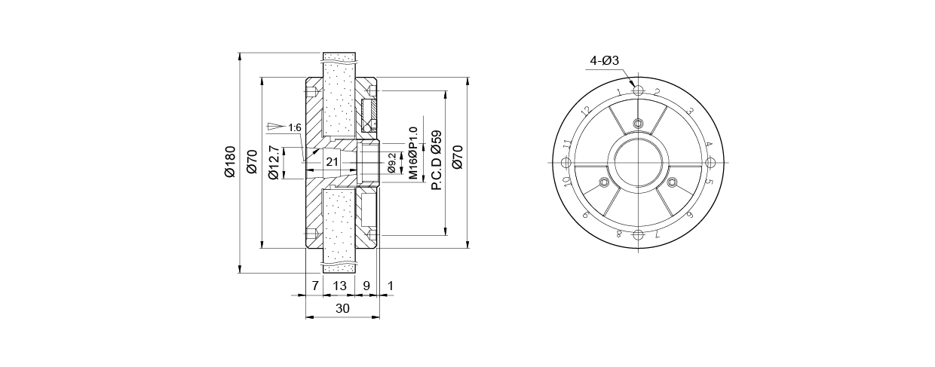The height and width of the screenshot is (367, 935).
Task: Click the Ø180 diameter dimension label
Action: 230,161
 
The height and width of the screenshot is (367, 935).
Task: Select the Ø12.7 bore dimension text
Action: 273,162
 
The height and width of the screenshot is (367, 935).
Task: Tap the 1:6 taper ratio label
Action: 295,127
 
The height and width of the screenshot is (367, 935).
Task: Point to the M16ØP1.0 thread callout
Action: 412,153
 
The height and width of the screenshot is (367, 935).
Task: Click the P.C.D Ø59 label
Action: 436,161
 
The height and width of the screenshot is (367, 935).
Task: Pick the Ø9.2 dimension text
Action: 391,163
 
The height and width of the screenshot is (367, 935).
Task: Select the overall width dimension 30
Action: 342,308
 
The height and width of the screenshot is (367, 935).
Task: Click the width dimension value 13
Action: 340,286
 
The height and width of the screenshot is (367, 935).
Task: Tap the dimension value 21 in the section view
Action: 332,161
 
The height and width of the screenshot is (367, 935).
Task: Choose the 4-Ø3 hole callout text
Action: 604,61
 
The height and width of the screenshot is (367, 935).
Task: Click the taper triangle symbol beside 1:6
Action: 274,127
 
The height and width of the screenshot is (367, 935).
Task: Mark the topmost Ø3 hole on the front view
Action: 638,90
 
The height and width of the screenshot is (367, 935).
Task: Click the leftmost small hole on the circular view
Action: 566,163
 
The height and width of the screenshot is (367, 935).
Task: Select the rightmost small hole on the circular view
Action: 710,163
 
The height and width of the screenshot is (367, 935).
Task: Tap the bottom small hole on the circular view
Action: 638,235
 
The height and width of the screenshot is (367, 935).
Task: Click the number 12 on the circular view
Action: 587,111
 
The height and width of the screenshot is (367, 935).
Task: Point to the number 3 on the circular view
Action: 690,111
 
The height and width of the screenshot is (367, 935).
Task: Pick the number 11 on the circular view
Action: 567,144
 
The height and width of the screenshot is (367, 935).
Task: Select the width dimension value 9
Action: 366,286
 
